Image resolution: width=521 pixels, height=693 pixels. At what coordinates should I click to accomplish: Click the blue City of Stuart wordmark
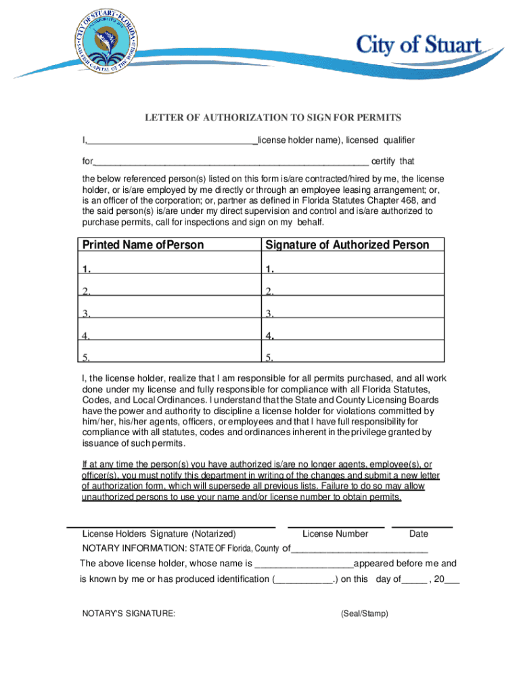click(x=419, y=47)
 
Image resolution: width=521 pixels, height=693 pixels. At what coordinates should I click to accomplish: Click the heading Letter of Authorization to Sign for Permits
click(x=273, y=118)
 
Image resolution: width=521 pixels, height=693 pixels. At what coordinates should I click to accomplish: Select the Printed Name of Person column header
click(x=143, y=244)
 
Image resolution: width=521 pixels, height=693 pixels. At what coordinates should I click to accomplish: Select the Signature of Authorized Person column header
click(x=347, y=244)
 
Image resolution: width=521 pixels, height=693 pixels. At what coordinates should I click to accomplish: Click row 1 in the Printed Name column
click(x=169, y=269)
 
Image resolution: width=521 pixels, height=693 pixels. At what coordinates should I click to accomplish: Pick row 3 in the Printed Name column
click(x=169, y=313)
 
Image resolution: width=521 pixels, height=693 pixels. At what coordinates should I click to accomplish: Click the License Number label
click(x=336, y=534)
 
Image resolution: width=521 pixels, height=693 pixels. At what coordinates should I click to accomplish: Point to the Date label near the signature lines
click(x=419, y=534)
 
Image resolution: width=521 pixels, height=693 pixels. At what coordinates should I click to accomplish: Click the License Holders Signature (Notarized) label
click(x=159, y=534)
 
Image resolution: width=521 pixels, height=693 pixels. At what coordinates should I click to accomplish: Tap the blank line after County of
click(x=360, y=549)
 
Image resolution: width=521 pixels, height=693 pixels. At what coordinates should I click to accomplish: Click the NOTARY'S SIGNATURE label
click(x=129, y=613)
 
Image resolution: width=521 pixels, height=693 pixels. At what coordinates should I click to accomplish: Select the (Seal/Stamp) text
click(x=365, y=613)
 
